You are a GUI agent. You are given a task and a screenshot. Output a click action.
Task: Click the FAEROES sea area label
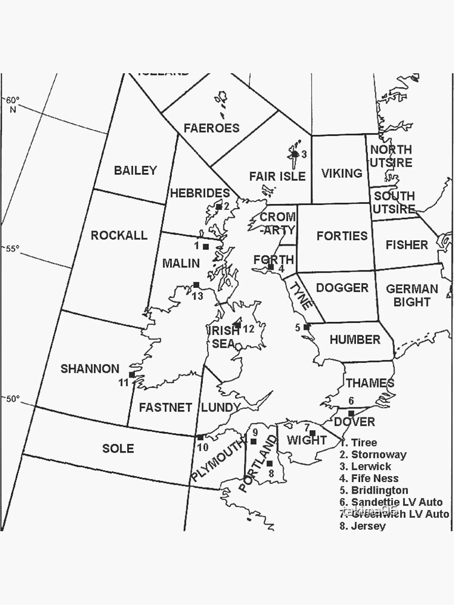211,128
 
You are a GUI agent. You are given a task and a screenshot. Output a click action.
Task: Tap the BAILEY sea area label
135,171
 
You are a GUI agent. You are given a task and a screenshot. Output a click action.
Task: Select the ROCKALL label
119,235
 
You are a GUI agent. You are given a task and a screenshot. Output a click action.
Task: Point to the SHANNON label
90,368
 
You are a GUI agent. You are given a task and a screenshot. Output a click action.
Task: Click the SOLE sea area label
118,448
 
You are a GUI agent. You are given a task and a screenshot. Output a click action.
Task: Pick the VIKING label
341,174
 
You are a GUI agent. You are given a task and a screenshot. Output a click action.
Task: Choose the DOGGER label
342,288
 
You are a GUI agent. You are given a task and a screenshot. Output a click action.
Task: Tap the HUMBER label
355,340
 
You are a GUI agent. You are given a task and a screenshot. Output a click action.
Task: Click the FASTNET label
165,408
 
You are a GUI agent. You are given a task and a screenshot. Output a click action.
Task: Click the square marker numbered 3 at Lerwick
295,154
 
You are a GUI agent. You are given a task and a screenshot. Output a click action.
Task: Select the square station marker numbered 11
132,374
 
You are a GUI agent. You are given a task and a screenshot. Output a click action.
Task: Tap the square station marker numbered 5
307,327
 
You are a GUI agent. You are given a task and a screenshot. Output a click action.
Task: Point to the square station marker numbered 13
196,285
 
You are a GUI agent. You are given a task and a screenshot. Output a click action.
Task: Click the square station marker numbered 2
219,206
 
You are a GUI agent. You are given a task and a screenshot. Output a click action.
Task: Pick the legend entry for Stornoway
373,454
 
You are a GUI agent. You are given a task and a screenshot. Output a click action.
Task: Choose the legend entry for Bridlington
373,490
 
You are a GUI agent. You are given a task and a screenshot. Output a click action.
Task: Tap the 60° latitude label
13,103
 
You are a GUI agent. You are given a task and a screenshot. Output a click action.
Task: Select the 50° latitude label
13,399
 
